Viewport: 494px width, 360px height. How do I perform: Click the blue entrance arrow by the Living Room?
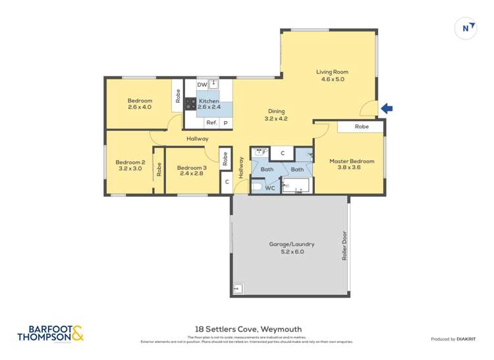[387, 109]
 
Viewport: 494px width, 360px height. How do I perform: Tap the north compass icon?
[466, 28]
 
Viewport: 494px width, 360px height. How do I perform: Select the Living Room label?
[332, 72]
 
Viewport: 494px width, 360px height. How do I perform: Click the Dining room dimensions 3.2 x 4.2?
[277, 119]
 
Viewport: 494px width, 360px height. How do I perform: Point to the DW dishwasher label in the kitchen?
[202, 84]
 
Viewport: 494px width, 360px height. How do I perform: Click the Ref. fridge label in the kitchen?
[211, 122]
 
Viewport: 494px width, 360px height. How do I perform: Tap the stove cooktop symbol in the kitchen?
[190, 104]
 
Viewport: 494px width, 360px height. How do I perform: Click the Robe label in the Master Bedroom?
[362, 126]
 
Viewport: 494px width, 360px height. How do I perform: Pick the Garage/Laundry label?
[292, 244]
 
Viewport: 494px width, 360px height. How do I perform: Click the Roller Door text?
[343, 246]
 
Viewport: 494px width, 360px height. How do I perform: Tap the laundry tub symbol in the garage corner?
[238, 288]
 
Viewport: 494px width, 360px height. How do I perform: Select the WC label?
[269, 188]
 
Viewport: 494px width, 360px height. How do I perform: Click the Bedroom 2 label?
[130, 162]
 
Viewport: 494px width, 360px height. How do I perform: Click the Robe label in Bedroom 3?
[225, 159]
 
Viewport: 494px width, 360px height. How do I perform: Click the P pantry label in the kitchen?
[225, 122]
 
